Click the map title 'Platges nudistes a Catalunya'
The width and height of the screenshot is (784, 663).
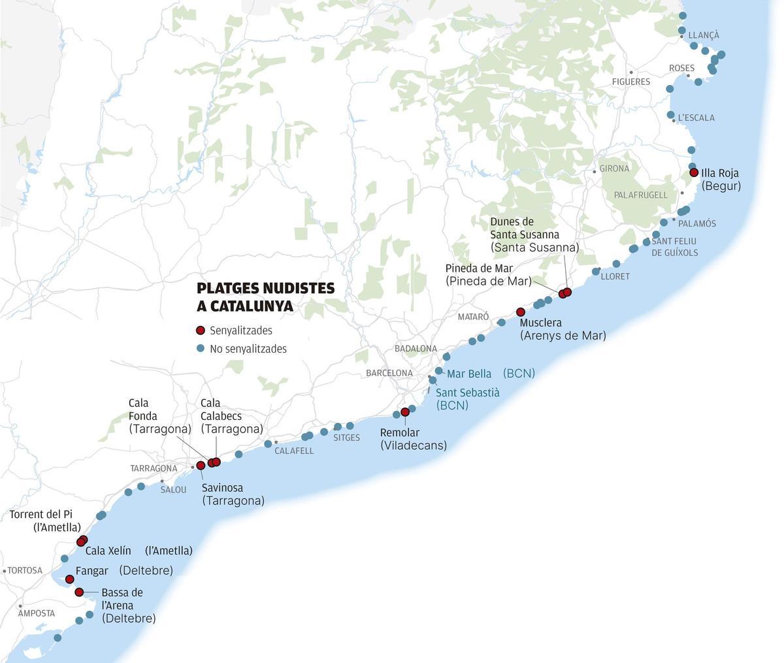[x=265, y=297]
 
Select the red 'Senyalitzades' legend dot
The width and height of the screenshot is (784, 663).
[x=201, y=331]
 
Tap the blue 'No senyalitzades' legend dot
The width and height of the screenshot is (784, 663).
[x=201, y=349]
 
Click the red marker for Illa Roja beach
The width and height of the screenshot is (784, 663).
[x=694, y=173]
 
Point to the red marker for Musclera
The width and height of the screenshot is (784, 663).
[x=521, y=312]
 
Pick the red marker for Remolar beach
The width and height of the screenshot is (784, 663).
[x=405, y=412]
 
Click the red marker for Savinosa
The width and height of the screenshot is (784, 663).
[x=201, y=466]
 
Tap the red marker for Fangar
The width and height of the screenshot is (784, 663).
[x=70, y=579]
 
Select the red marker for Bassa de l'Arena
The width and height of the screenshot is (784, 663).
[x=79, y=592]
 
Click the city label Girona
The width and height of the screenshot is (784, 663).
[x=614, y=169]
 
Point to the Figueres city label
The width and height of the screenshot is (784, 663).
[x=630, y=82]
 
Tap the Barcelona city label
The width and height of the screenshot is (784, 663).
[x=389, y=373]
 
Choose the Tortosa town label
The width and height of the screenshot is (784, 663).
[x=25, y=570]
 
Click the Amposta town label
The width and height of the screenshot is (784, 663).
[x=37, y=613]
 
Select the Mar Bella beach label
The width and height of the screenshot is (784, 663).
[x=469, y=374]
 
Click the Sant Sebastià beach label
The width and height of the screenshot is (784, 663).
[x=467, y=398]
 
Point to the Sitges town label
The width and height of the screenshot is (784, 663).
[x=346, y=438]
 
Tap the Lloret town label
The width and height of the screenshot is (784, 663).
[x=615, y=276]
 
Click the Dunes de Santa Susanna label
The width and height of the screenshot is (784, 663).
[x=534, y=234]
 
